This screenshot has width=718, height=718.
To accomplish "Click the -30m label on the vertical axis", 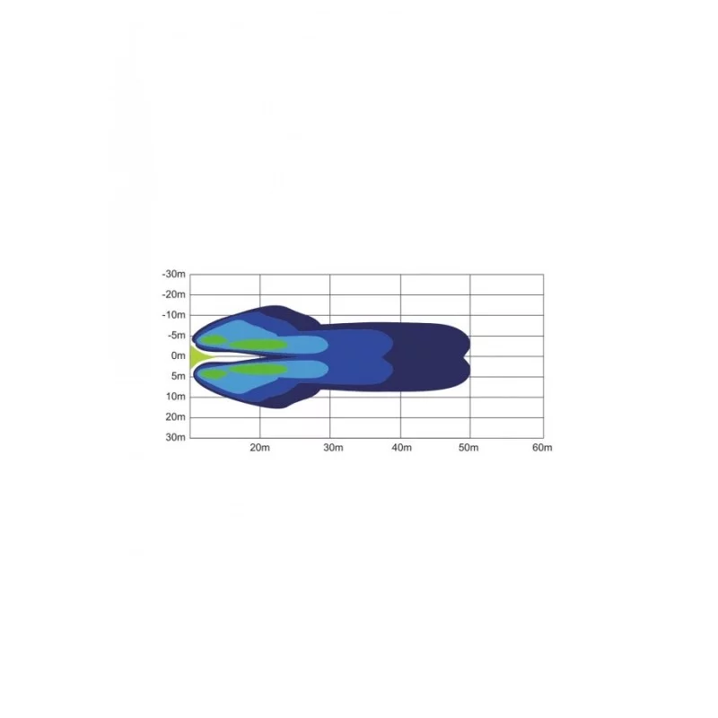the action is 173,275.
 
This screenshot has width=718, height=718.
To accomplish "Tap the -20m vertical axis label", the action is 173,294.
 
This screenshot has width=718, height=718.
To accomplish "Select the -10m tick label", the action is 173,315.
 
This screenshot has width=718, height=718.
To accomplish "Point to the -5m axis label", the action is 176,336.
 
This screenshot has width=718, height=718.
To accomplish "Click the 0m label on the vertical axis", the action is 178,355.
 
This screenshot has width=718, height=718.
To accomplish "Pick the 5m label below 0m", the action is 178,376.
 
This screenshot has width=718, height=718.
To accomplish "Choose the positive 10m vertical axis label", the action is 175,397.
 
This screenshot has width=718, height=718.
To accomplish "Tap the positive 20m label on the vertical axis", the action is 175,417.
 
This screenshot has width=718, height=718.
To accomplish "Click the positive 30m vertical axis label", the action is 175,437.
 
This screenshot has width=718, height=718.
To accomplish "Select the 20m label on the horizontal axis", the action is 259,448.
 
